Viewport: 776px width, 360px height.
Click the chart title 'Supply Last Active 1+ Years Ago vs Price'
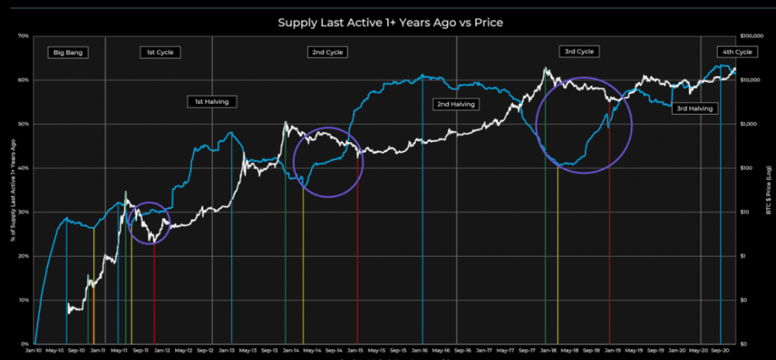point(390,22)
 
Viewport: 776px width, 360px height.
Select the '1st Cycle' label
point(161,53)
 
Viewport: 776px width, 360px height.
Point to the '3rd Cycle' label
point(577,51)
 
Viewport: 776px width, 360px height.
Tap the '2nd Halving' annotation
point(456,103)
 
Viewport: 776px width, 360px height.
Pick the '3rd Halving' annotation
point(694,109)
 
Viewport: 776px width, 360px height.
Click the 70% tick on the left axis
point(23,36)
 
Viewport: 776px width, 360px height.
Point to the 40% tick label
point(23,168)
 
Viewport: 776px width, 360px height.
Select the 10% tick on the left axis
point(23,300)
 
